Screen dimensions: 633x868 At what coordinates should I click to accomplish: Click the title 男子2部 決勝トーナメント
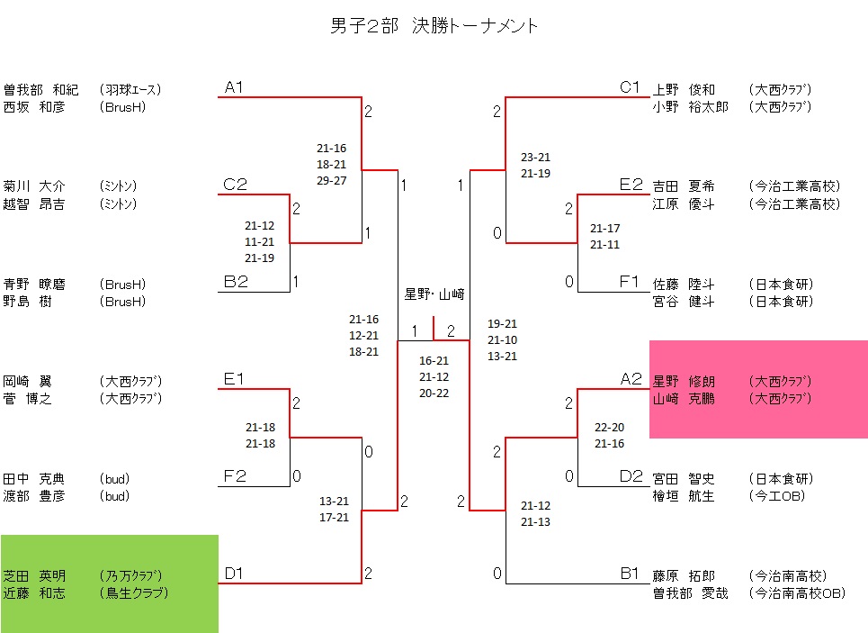434,26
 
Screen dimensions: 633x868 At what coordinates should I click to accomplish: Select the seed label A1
235,87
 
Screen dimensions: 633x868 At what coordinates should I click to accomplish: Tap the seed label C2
235,185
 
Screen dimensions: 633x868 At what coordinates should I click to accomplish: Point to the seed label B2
235,282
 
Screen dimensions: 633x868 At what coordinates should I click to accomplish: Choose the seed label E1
235,379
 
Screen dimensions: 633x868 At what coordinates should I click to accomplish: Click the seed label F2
235,476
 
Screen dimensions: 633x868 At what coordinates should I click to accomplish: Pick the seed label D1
235,574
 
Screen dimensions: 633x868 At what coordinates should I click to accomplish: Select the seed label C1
630,87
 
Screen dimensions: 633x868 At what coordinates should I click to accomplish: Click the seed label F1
631,282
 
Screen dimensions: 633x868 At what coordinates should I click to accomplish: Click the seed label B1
631,574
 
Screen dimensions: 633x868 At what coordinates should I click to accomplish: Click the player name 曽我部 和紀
41,90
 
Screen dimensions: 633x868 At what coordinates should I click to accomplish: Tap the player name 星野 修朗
684,382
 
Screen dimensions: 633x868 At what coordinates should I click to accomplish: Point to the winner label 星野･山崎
434,294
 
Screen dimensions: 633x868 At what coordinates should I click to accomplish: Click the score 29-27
331,181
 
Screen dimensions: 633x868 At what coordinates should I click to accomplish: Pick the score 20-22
434,393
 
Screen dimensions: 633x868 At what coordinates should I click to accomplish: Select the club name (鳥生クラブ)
135,592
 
